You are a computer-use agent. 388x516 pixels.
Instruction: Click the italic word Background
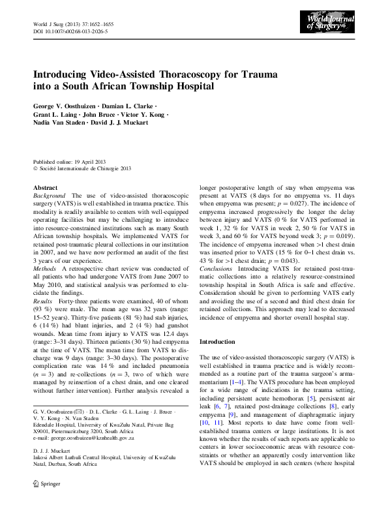pyautogui.click(x=50, y=196)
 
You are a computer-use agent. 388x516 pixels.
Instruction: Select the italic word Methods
pyautogui.click(x=45, y=268)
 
